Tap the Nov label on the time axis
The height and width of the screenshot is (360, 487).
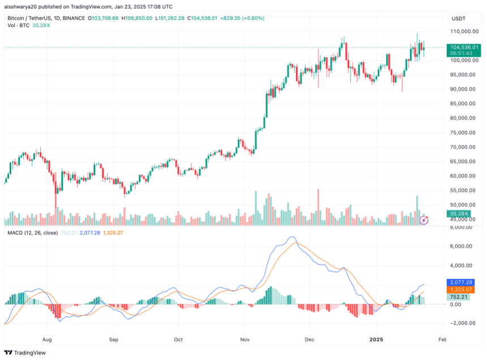(245, 340)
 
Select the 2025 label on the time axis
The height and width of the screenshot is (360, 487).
(377, 340)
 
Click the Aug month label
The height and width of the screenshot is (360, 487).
(47, 340)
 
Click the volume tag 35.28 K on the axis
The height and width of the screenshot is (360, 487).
(457, 213)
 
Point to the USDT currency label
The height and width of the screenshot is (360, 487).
(458, 19)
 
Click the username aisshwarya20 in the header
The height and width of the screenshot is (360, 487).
(23, 7)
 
